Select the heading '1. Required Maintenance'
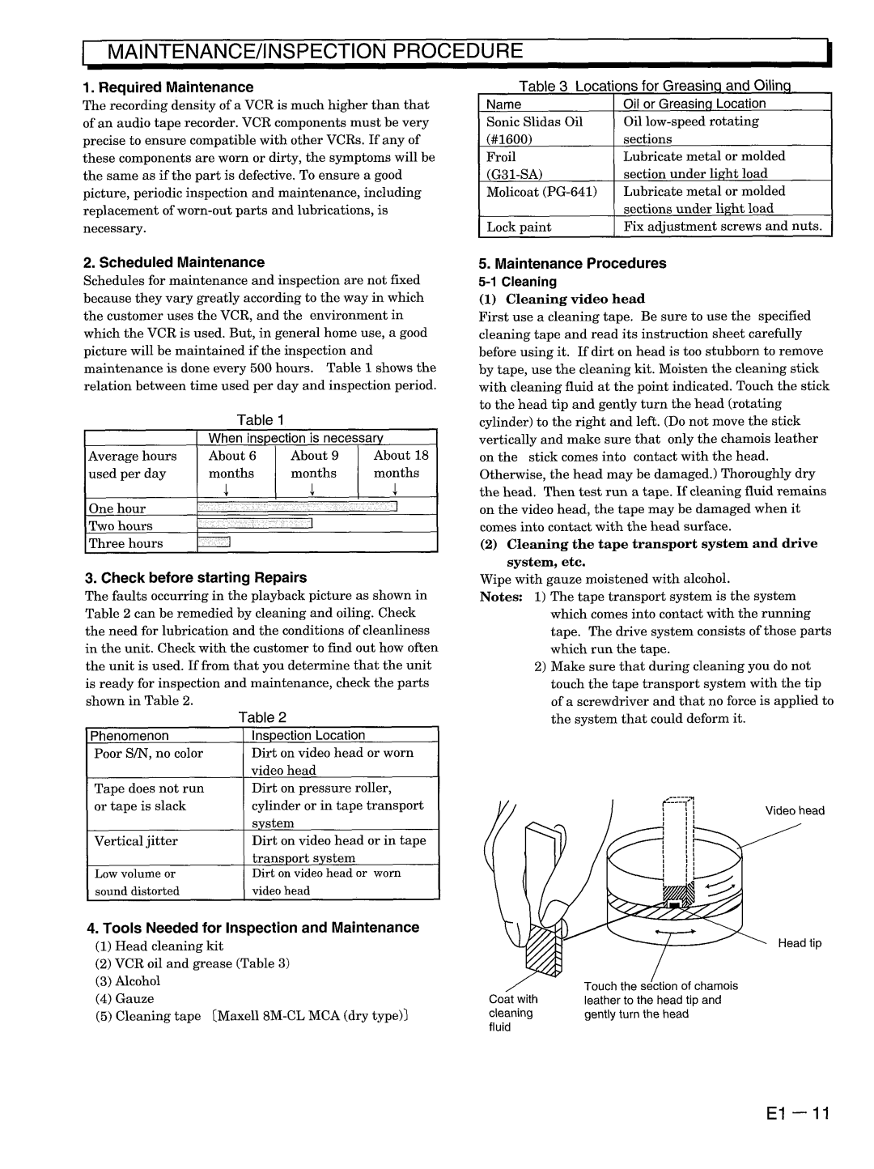pos(168,87)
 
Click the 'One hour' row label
pos(117,508)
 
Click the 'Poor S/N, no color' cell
pos(148,754)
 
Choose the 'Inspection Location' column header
pos(308,735)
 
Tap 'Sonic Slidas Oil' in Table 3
pos(534,121)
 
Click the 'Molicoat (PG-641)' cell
pos(541,192)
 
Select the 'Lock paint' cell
pos(519,227)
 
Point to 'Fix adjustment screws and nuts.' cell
pos(723,227)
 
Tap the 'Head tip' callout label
pos(800,943)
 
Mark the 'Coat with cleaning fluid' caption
pos(513,1013)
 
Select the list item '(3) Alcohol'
pos(128,981)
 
